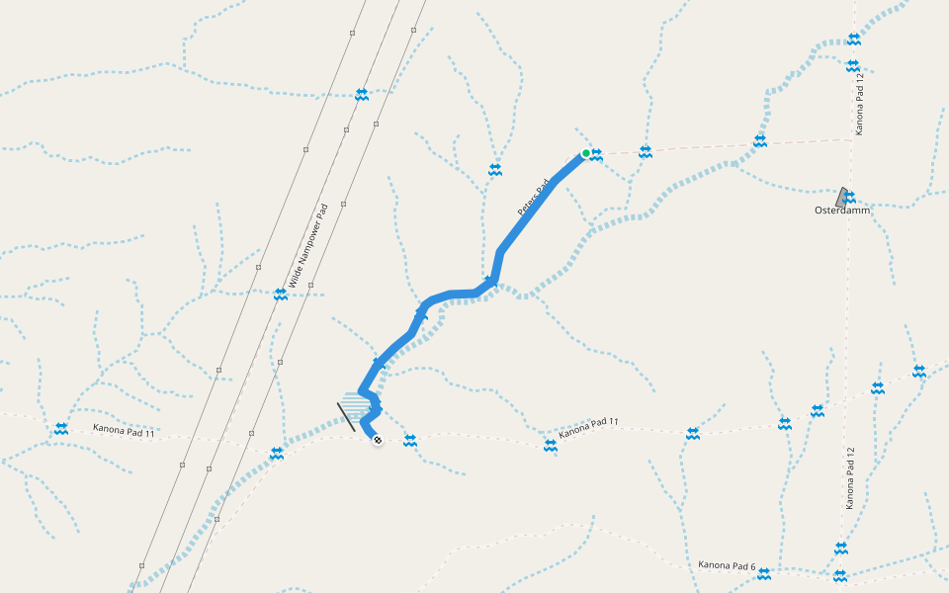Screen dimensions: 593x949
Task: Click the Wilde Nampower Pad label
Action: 307,245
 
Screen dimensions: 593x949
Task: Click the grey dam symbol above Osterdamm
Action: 841,196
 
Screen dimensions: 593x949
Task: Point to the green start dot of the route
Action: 586,153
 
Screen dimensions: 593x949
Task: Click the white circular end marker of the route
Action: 378,440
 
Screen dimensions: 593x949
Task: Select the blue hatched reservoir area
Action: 356,405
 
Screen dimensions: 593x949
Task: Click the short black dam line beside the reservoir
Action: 346,417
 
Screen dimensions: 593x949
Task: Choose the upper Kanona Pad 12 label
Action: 860,104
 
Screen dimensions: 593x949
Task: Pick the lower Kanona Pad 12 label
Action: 849,477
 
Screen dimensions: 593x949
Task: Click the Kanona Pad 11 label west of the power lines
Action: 125,431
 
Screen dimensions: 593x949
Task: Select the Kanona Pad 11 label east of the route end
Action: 588,428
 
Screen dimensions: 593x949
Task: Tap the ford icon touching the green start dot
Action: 596,153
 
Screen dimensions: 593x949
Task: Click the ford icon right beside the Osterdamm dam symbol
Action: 849,198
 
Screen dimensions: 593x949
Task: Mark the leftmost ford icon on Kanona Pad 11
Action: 61,429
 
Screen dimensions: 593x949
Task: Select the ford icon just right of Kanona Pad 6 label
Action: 764,573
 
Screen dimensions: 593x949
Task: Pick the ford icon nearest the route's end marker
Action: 410,441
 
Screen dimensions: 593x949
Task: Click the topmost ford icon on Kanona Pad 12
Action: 854,40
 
